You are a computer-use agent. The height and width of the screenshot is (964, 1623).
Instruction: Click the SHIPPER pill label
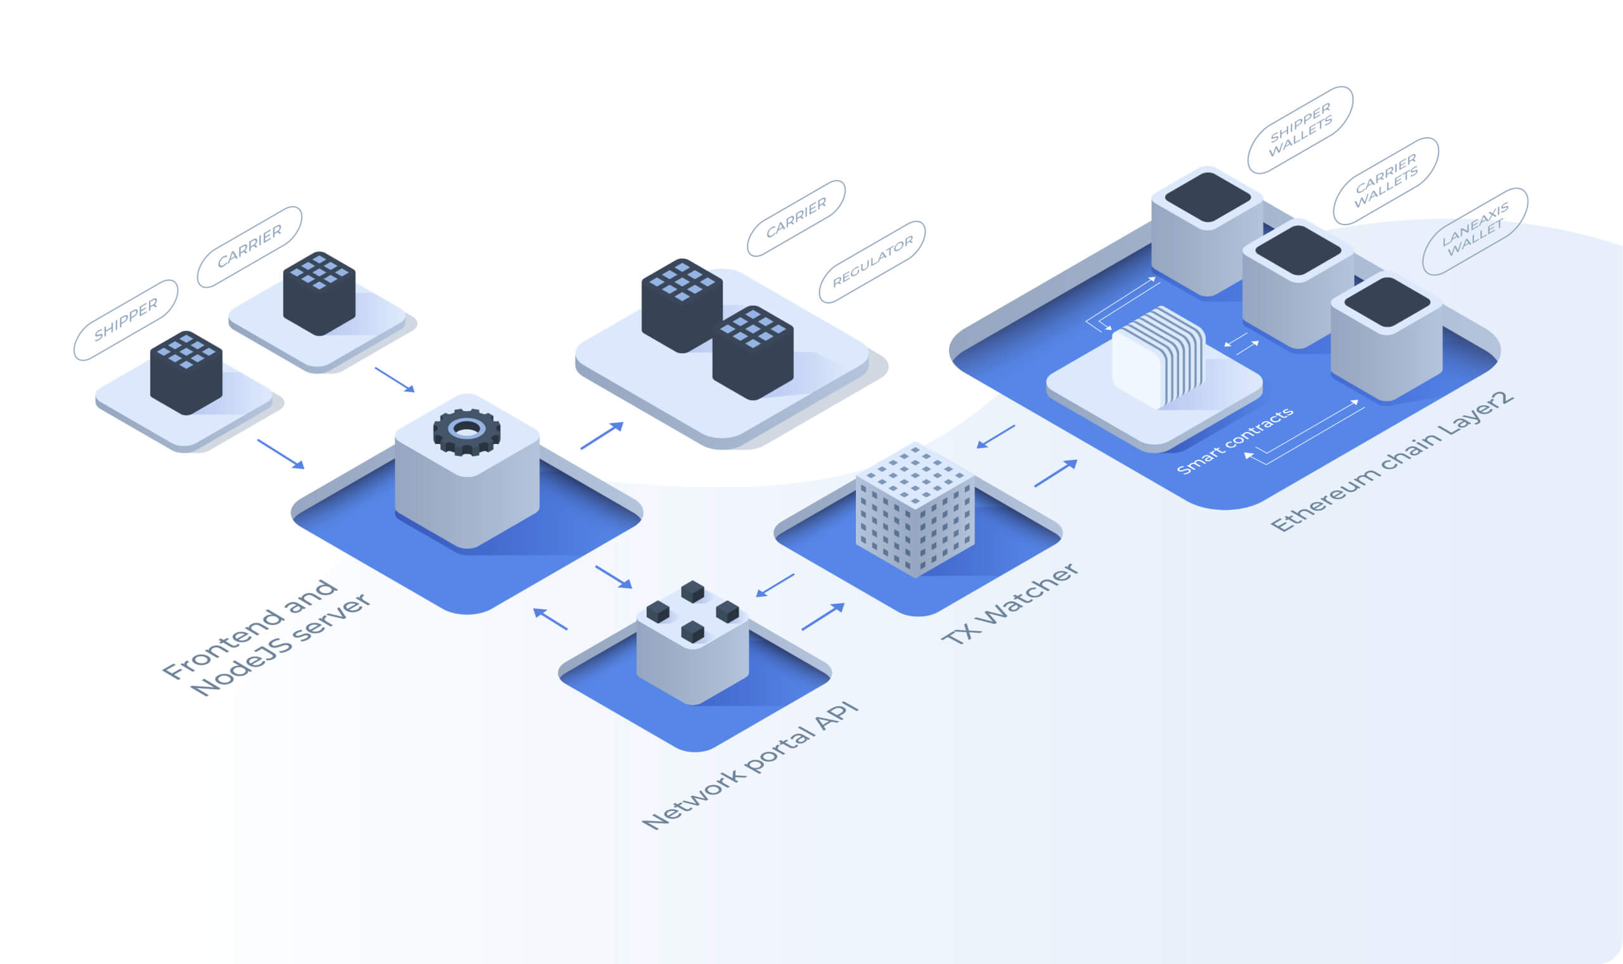126,320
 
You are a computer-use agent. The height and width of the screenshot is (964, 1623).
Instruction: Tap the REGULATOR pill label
872,261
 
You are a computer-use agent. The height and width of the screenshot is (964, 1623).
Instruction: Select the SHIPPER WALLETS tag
1300,129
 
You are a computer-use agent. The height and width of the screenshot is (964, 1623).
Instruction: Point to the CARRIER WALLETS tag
1385,181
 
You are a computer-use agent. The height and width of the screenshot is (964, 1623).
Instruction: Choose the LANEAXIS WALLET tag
1475,231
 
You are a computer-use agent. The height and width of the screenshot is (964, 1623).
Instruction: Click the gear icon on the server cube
467,431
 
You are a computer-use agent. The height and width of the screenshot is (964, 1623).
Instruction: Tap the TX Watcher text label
1010,604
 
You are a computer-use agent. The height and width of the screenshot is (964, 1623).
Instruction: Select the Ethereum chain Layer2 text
1392,462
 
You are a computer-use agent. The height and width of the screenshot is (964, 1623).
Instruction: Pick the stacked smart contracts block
1159,356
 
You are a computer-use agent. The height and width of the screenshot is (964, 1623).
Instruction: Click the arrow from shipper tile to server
280,453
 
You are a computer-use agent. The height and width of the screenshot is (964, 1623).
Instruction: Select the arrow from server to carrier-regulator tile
602,435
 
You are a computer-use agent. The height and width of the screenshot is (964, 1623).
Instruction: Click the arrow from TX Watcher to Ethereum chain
1056,473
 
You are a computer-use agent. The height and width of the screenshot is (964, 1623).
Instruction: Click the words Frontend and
250,628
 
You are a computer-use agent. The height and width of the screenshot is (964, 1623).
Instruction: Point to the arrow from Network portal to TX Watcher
822,616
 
